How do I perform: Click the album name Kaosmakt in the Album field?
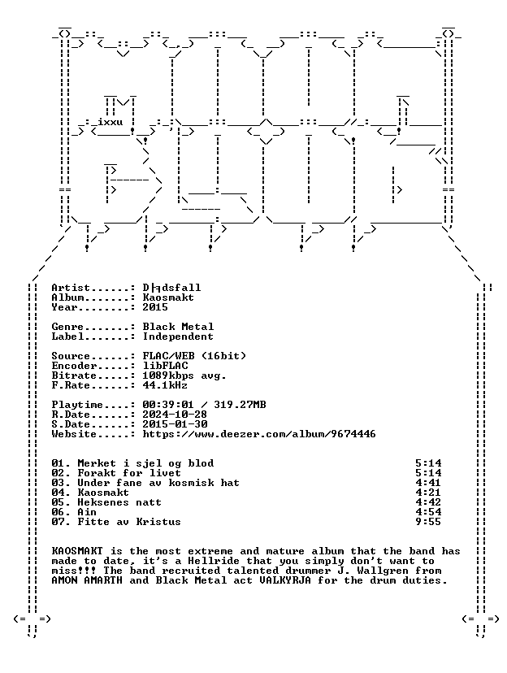point(168,297)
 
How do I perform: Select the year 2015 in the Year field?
point(155,307)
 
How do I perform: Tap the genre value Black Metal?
point(178,327)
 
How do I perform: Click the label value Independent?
point(178,336)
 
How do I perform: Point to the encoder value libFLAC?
point(165,366)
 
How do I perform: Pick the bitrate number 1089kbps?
point(168,376)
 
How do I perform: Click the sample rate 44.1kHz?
point(165,385)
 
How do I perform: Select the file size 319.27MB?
point(240,405)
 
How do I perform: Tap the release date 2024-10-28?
point(175,415)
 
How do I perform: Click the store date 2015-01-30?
point(175,424)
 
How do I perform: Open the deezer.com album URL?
point(259,434)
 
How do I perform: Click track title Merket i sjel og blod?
point(145,463)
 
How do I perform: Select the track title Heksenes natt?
point(119,502)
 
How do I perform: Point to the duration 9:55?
point(428,522)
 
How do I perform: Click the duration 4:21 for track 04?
point(428,493)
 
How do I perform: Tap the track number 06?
point(58,512)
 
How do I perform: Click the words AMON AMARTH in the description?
point(87,580)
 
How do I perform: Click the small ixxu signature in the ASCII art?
point(110,122)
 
